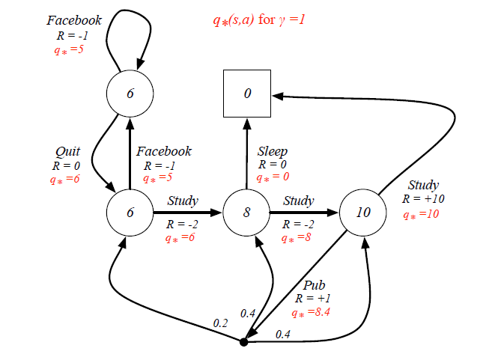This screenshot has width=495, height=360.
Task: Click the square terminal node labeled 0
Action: [247, 94]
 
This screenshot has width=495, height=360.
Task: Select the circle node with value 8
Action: [246, 213]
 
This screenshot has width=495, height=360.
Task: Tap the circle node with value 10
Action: [363, 213]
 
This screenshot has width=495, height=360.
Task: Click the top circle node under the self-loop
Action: [130, 94]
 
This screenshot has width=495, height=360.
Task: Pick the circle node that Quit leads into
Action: [130, 213]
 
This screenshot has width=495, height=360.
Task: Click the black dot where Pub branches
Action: [243, 342]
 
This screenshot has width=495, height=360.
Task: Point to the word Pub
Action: [315, 285]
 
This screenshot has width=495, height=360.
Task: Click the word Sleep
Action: [273, 151]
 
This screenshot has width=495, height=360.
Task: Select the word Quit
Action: [68, 151]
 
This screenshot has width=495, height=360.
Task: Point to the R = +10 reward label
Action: [423, 199]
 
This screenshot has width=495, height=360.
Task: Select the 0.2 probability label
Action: [220, 323]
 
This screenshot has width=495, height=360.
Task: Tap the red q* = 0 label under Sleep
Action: [273, 178]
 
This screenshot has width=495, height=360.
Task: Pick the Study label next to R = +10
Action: [423, 185]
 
